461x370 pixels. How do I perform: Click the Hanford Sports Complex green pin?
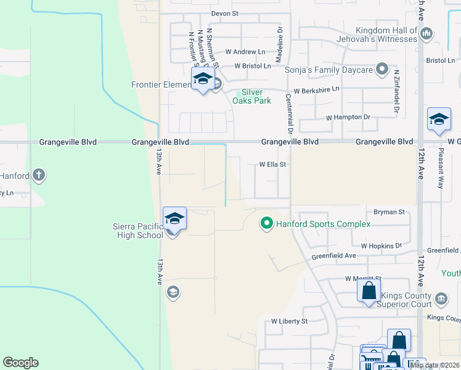tap(267, 223)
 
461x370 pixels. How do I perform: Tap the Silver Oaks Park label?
tap(253, 96)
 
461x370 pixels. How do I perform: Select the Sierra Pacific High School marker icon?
tap(174, 220)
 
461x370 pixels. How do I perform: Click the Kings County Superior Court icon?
tap(441, 298)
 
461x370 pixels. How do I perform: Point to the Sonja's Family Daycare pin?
tap(382, 69)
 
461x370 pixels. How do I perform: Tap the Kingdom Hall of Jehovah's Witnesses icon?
tap(428, 32)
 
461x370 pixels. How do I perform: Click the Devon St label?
tap(224, 13)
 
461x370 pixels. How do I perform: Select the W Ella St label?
tap(273, 165)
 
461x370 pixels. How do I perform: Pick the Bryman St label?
tap(392, 212)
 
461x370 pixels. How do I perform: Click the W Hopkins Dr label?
tap(381, 245)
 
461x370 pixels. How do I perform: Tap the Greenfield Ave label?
tap(333, 255)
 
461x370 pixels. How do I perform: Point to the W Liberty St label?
tap(289, 321)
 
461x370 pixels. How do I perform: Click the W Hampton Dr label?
tap(348, 117)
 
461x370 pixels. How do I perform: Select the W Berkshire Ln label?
tap(316, 90)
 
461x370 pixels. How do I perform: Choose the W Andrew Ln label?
tap(245, 52)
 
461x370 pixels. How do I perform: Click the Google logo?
tap(20, 363)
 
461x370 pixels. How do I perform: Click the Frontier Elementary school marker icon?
tap(202, 80)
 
